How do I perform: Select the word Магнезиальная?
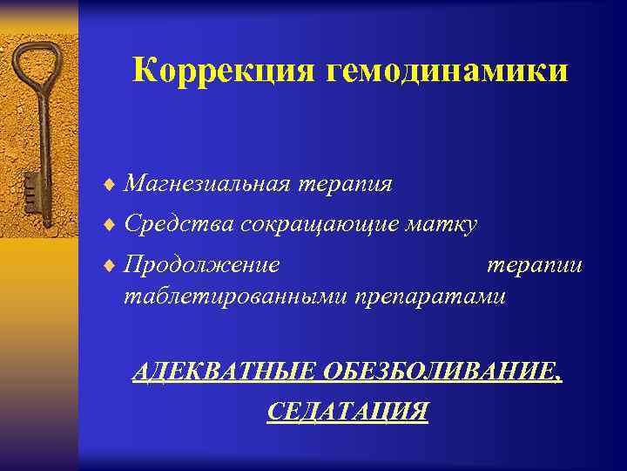point(208,184)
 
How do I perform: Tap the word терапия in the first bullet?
point(346,184)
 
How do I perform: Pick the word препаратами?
point(428,297)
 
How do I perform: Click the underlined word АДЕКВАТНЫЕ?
point(223,373)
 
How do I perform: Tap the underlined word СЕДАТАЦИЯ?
point(347,411)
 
